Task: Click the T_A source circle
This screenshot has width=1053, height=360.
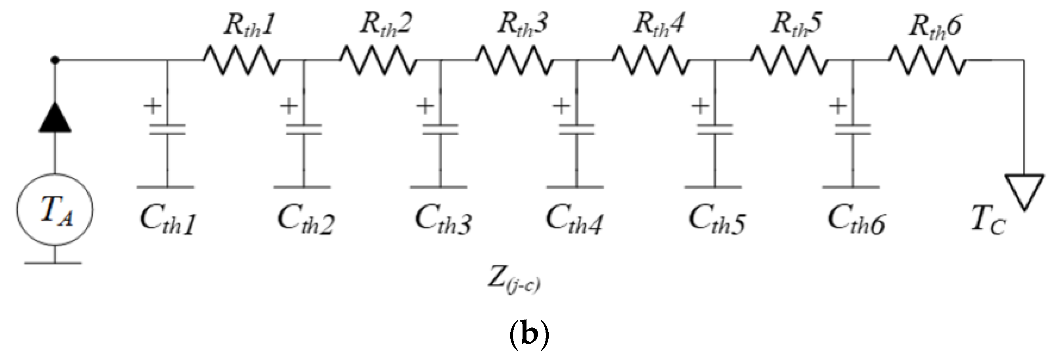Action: (x=55, y=210)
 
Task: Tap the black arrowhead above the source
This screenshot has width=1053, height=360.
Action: (x=55, y=118)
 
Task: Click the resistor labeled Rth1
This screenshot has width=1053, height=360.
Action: (x=242, y=61)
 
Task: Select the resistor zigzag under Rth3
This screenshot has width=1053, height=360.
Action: (x=515, y=61)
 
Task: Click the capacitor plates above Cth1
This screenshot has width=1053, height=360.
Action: (x=167, y=130)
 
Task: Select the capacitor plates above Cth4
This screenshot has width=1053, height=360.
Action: (x=576, y=130)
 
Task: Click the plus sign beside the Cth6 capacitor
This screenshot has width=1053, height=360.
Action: (x=838, y=107)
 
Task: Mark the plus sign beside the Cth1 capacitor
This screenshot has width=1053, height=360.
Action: (x=153, y=107)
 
